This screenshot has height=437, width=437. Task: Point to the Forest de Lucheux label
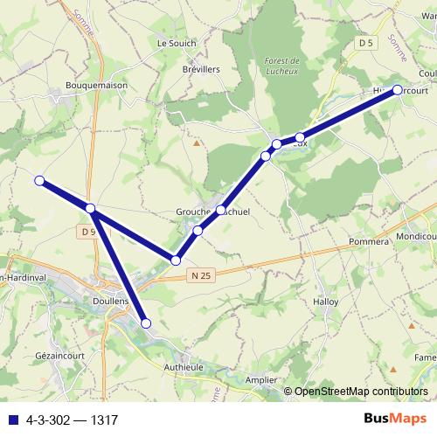[x=281, y=65]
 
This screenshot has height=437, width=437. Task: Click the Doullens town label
[x=110, y=299]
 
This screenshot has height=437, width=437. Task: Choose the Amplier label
[x=260, y=381]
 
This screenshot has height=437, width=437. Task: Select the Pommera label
[x=367, y=240]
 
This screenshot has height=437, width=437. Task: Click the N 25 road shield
[x=200, y=274]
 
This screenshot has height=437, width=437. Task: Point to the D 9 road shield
[x=86, y=232]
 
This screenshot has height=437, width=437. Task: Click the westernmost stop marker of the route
[x=39, y=181]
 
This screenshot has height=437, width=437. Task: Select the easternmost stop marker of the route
[x=398, y=90]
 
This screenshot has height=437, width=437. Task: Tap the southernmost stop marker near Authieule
[x=146, y=324]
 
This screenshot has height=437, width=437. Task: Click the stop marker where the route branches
[x=91, y=208]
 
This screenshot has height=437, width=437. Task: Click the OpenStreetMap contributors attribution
[x=361, y=392]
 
